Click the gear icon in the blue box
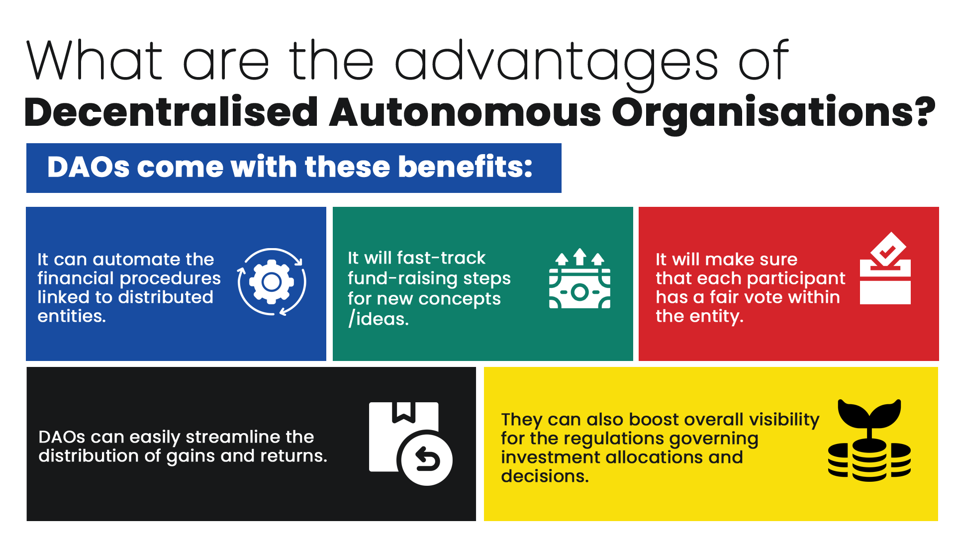point(272,282)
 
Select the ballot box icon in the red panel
point(885,268)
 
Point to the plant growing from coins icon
point(869,440)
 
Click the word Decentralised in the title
point(171,112)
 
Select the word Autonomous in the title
point(465,112)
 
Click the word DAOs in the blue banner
point(89,167)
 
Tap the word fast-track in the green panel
point(441,258)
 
